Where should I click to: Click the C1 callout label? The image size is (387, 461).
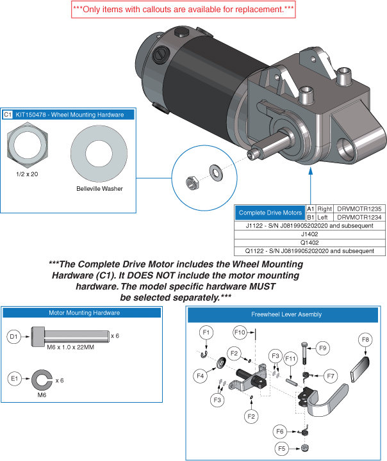coord(8,115)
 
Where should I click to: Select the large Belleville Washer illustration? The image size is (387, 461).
coord(96,154)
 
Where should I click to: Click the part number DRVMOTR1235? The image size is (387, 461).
coord(359,209)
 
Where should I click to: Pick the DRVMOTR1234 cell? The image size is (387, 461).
coord(359,217)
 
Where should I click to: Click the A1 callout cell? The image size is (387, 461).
coord(310,209)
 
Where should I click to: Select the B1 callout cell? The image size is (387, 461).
coord(310,217)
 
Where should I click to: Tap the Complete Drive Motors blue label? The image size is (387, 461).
coord(270,213)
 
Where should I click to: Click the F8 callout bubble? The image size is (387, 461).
coord(366,339)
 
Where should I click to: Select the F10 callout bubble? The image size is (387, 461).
coord(240,333)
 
